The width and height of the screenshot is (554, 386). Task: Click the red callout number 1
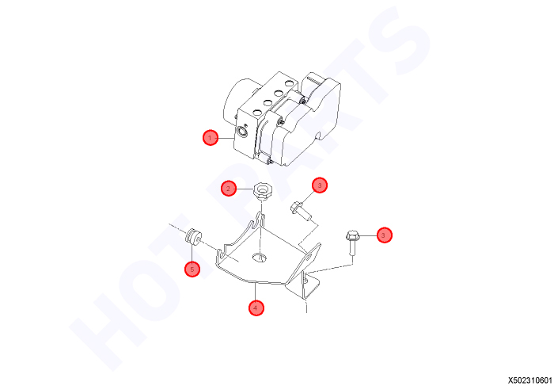pos(211,138)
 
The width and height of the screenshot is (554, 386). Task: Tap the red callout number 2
pos(229,189)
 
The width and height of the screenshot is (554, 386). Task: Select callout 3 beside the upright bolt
pos(385,235)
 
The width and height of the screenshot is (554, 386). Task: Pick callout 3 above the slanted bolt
pos(320,185)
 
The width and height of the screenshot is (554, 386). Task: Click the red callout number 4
pos(256,308)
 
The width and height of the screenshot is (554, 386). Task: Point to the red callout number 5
pos(192,269)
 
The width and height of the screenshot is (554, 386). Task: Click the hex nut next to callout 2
pos(261,191)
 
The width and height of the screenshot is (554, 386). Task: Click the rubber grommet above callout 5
pos(194,236)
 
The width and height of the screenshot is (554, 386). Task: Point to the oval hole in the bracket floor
pos(260,258)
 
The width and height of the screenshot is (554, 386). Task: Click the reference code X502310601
pos(530,380)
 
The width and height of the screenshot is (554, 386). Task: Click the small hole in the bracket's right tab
pos(309,258)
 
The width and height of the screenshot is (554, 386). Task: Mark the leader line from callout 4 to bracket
pos(255,291)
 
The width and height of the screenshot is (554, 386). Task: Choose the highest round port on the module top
pos(290,84)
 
